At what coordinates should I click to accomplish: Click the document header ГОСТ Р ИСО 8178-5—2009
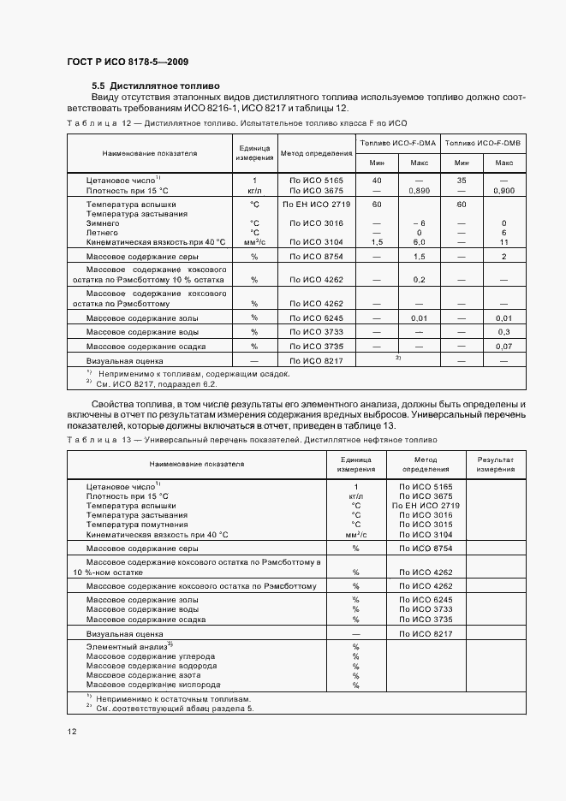(x=128, y=62)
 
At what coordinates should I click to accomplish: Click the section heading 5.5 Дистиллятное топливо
(x=156, y=86)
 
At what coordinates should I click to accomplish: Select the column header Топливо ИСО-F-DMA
(x=398, y=143)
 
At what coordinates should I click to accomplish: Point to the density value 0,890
(x=419, y=191)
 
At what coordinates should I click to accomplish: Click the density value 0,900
(x=503, y=191)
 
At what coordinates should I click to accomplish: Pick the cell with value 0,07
(x=503, y=347)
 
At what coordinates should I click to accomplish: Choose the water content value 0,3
(x=503, y=331)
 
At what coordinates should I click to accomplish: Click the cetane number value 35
(x=462, y=181)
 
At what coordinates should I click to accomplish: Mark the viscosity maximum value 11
(x=503, y=243)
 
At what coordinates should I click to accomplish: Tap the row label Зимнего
(x=102, y=222)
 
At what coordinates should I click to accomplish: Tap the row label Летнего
(x=102, y=233)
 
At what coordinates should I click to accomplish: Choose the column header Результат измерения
(x=495, y=464)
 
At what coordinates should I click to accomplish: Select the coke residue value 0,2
(x=419, y=280)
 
